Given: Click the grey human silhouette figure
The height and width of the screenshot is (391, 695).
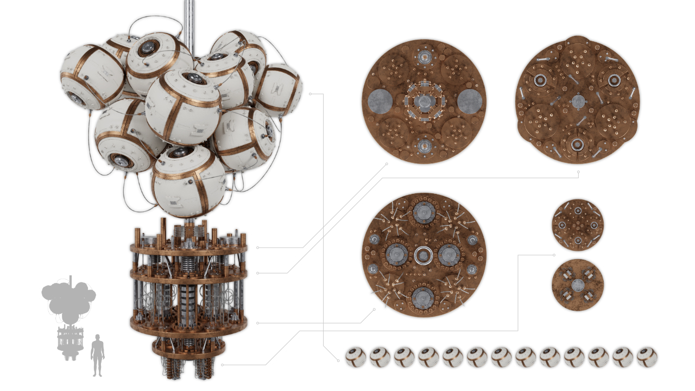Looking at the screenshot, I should coord(98,354).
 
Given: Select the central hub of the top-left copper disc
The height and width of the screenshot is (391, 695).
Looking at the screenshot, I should coord(424,102).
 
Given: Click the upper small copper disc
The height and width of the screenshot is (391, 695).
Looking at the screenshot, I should coord(578,225).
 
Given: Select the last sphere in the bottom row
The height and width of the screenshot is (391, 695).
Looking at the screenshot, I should coord(647,357).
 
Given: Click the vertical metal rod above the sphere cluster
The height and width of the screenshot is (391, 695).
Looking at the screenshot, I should coord(189,22).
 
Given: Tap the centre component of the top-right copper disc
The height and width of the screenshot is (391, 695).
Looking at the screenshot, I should coord(578,102).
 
